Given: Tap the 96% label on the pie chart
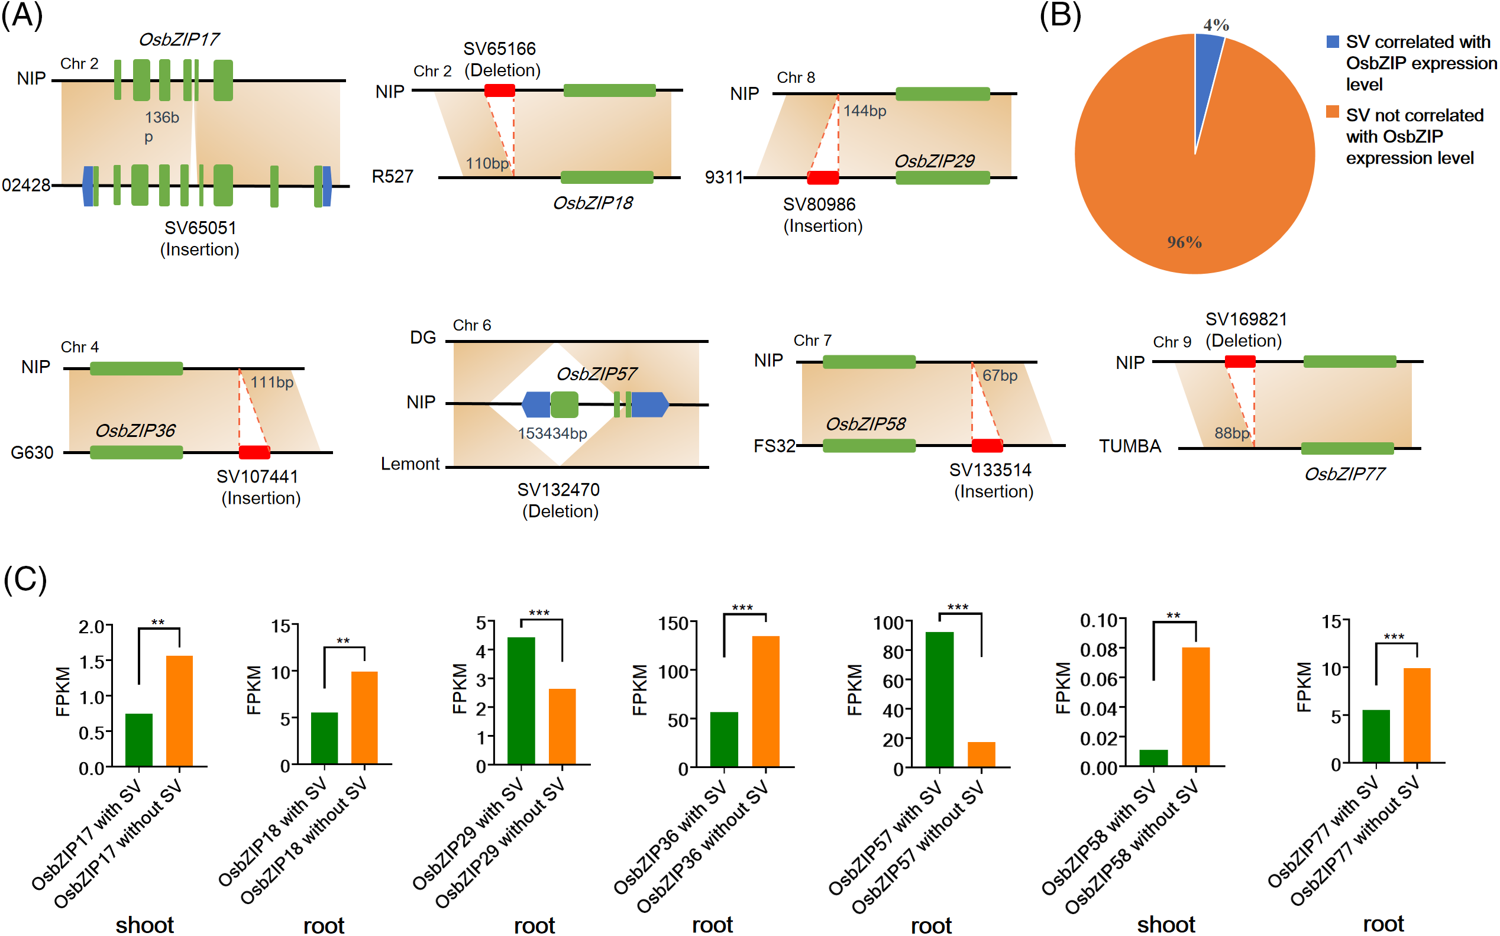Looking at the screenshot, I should pyautogui.click(x=1184, y=242).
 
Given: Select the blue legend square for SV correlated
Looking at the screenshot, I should pyautogui.click(x=1332, y=41).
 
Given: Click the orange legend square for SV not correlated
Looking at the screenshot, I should pyautogui.click(x=1332, y=111).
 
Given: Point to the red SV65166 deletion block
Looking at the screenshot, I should pyautogui.click(x=499, y=90).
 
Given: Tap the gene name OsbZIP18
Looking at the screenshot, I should pyautogui.click(x=593, y=203).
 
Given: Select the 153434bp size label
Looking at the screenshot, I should pyautogui.click(x=552, y=433).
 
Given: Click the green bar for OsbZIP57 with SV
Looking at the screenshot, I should pyautogui.click(x=939, y=699).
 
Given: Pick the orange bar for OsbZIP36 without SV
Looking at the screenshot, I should pyautogui.click(x=765, y=701).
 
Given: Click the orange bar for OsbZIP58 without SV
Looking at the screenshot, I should pyautogui.click(x=1195, y=707).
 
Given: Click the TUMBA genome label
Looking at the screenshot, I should pyautogui.click(x=1129, y=446).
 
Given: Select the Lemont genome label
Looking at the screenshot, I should pyautogui.click(x=410, y=464).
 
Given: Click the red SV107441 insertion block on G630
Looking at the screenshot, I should pyautogui.click(x=254, y=452).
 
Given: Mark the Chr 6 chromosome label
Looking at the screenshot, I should pyautogui.click(x=472, y=325).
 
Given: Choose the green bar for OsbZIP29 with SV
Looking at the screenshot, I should pyautogui.click(x=521, y=701).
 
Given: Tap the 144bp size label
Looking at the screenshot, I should pyautogui.click(x=864, y=111).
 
